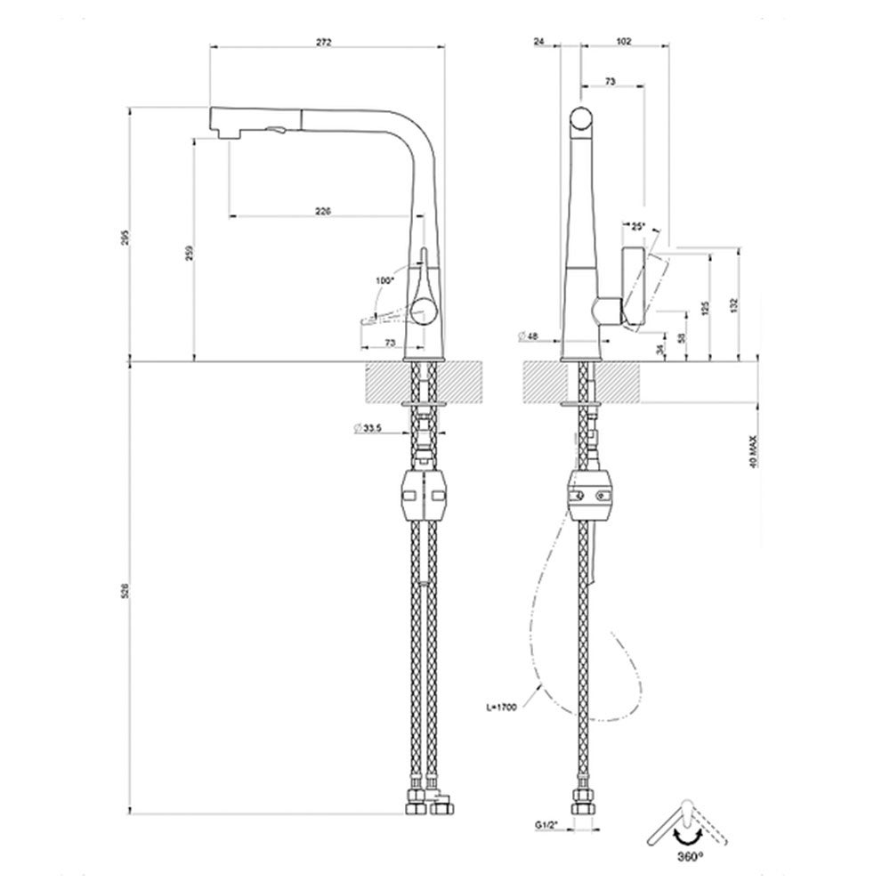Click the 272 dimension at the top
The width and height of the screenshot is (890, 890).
[x=326, y=43]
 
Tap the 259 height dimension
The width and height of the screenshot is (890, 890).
[x=188, y=253]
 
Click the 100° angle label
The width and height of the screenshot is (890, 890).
[x=384, y=280]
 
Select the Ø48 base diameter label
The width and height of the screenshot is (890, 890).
[x=529, y=336]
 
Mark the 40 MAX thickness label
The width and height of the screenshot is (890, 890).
[x=753, y=452]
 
